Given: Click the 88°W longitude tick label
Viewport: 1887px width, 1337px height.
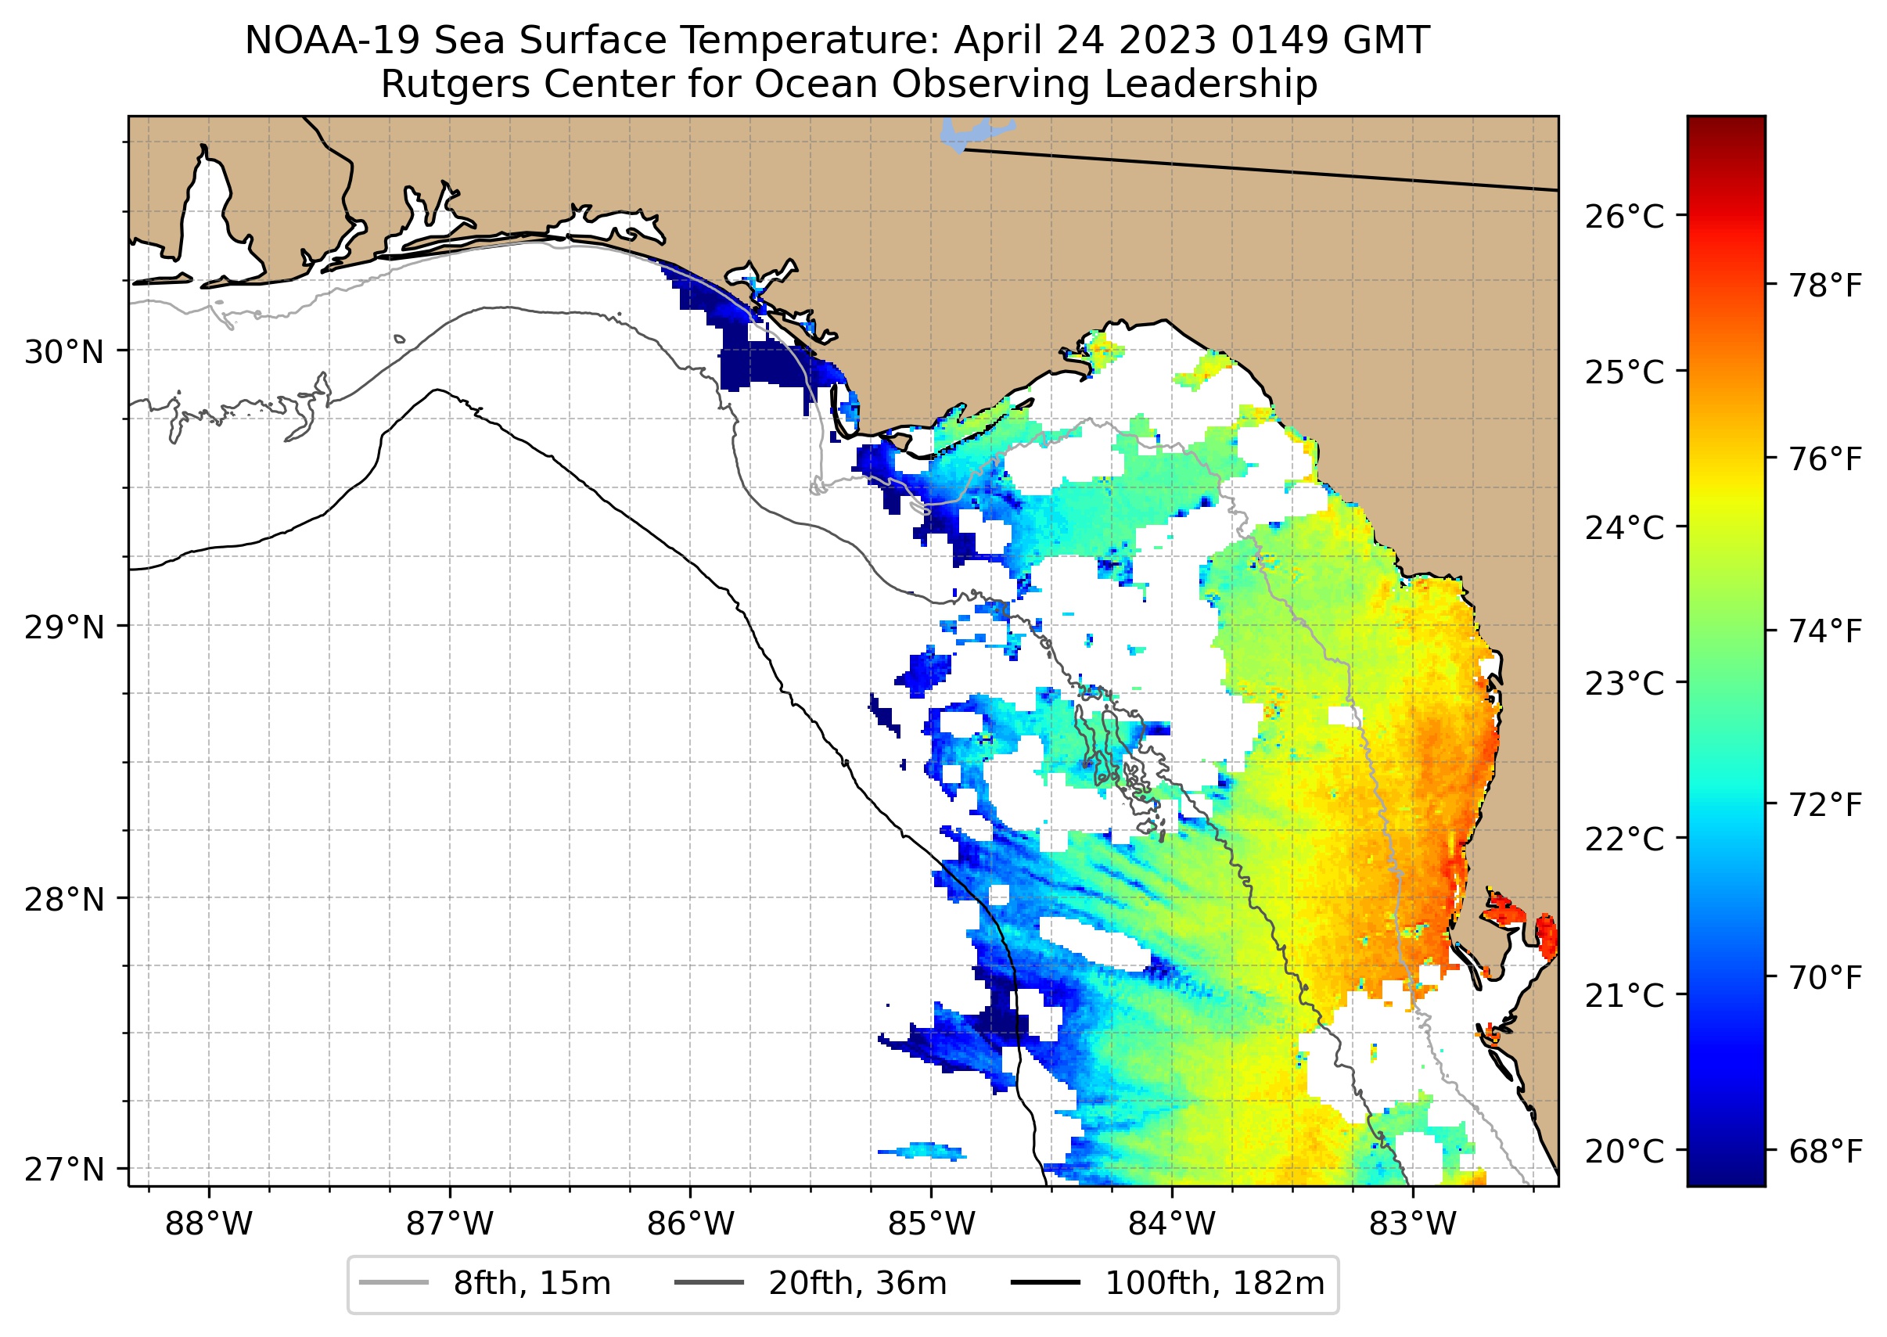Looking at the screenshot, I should (x=208, y=1224).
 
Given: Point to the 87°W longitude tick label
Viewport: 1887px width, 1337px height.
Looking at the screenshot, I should (x=450, y=1224).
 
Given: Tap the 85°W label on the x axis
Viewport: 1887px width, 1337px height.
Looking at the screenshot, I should (x=931, y=1224).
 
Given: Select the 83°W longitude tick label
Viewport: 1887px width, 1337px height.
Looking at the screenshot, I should (x=1413, y=1224).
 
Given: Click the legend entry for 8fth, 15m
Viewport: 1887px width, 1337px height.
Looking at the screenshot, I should (x=532, y=1284).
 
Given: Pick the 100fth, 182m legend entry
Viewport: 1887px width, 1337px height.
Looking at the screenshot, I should (x=1214, y=1284).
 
